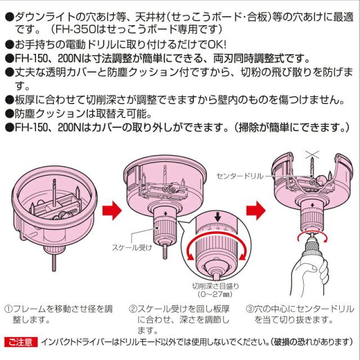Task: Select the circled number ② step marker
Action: [x=133, y=309]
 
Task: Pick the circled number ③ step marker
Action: [x=250, y=309]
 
